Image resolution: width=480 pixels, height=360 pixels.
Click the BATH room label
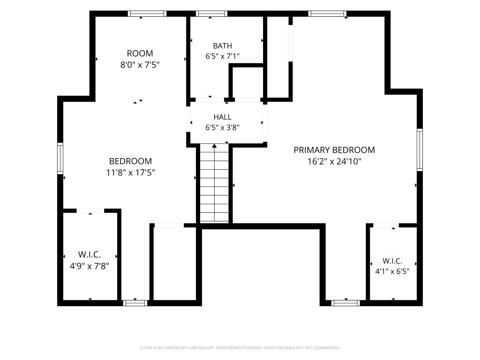pyautogui.click(x=222, y=46)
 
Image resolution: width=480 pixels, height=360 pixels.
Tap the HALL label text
pyautogui.click(x=222, y=117)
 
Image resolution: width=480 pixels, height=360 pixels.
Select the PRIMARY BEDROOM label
pyautogui.click(x=334, y=150)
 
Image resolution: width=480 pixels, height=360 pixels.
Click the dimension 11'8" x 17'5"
pyautogui.click(x=130, y=172)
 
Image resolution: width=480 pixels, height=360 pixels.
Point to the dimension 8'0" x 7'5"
pyautogui.click(x=140, y=65)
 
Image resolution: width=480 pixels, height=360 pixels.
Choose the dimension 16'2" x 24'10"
pyautogui.click(x=334, y=161)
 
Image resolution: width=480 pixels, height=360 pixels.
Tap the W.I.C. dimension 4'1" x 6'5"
pyautogui.click(x=392, y=271)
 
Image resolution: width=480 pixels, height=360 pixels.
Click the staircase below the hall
pyautogui.click(x=214, y=184)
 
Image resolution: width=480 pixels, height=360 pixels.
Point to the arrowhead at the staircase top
pyautogui.click(x=214, y=146)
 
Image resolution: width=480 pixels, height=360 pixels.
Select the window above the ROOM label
pyautogui.click(x=147, y=14)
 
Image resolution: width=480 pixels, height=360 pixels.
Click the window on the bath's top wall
pyautogui.click(x=211, y=14)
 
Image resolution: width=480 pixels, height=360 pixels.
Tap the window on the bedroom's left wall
pyautogui.click(x=60, y=158)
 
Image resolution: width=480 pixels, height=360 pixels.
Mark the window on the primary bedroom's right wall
pyautogui.click(x=420, y=150)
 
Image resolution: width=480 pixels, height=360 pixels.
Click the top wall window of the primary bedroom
pyautogui.click(x=327, y=14)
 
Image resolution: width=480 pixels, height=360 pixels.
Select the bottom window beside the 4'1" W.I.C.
pyautogui.click(x=345, y=303)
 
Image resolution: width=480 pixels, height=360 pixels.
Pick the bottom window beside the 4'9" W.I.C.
pyautogui.click(x=135, y=303)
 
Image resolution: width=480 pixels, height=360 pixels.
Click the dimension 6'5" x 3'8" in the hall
pyautogui.click(x=222, y=127)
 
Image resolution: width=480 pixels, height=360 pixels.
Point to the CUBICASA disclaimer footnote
pyautogui.click(x=240, y=348)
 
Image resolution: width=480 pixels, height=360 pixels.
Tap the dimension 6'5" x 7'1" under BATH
pyautogui.click(x=222, y=56)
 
